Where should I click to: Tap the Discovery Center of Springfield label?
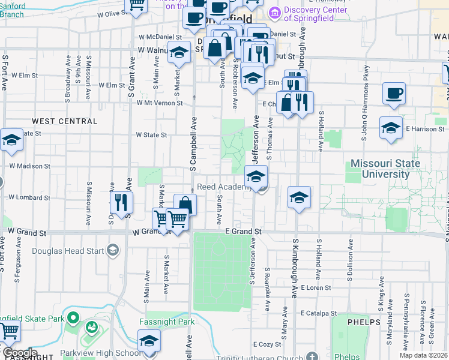[315, 14]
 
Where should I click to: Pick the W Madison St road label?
[29, 166]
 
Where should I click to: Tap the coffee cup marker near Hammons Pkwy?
[393, 93]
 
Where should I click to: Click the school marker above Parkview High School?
[149, 342]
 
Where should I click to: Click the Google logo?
[19, 353]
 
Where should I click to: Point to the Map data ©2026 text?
[424, 355]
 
